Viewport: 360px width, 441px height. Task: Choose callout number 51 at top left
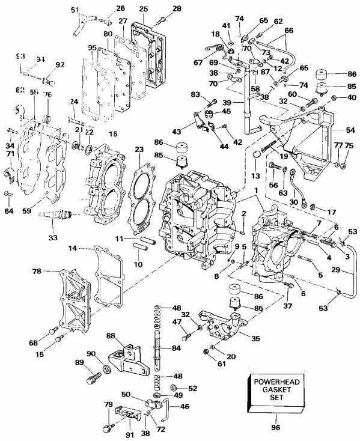pos(75,10)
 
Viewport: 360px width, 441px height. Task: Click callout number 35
pos(255,338)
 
